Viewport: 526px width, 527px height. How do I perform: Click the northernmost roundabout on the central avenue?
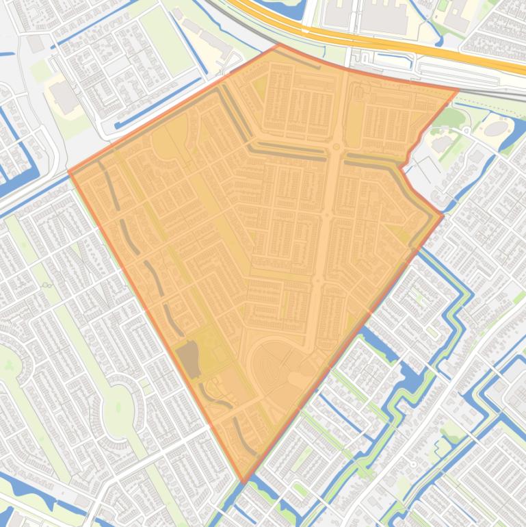337,147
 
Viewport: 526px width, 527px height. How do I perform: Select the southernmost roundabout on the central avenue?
317,280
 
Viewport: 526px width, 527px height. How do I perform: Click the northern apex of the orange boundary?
279,45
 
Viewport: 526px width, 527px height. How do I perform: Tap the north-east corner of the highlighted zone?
458,90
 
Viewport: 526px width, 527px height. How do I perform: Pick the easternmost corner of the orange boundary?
443,217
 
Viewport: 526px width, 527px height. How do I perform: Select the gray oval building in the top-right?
497,128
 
